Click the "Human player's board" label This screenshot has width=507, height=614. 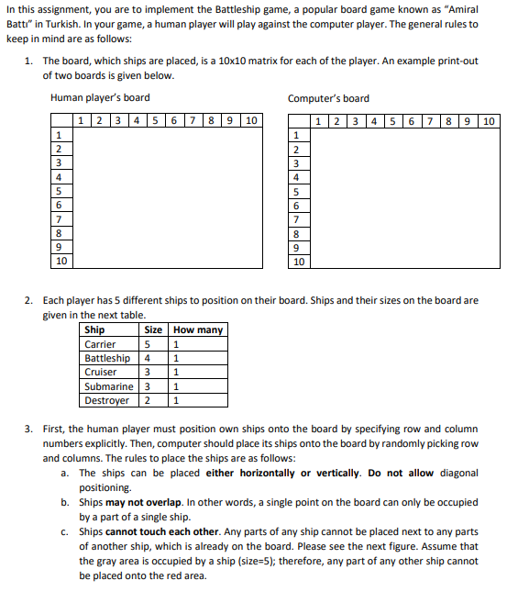100,98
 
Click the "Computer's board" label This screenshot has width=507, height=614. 328,98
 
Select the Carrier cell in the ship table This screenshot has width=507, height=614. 100,344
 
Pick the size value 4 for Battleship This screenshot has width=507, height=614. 147,358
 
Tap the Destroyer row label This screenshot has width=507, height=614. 106,400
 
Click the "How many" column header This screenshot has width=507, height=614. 197,330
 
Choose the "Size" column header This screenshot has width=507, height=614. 153,330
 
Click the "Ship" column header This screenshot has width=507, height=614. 94,330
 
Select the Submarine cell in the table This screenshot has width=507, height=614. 108,386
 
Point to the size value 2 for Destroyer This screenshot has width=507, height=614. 147,400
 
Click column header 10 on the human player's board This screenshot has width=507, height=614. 250,120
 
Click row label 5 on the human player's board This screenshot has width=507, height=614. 59,191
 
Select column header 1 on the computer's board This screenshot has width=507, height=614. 317,120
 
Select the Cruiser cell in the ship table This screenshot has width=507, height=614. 100,373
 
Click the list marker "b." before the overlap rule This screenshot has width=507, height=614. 65,502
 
